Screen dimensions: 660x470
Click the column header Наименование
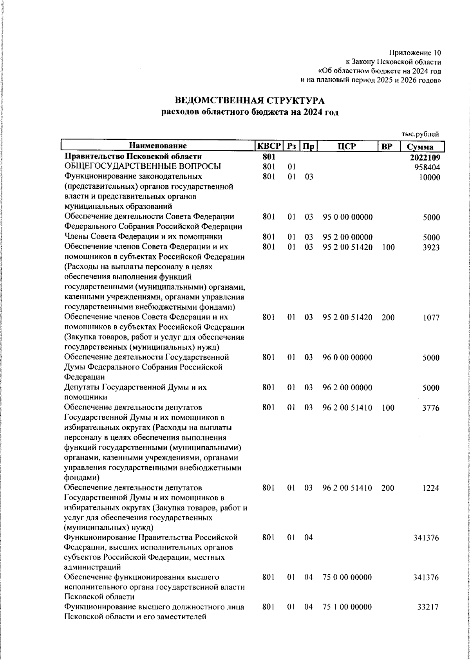158,146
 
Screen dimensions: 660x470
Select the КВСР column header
269,146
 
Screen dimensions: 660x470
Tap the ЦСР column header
347,146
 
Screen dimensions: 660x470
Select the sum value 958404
427,168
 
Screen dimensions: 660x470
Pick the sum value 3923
431,247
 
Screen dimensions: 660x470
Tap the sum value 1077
431,318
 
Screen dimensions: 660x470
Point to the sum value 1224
431,488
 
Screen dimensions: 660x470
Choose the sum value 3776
431,408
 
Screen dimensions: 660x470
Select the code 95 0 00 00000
347,217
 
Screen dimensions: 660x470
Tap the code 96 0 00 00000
347,357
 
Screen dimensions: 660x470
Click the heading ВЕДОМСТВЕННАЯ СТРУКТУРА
249,101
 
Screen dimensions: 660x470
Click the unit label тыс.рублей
420,134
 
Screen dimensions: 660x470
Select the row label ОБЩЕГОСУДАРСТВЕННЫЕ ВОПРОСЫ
143,167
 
